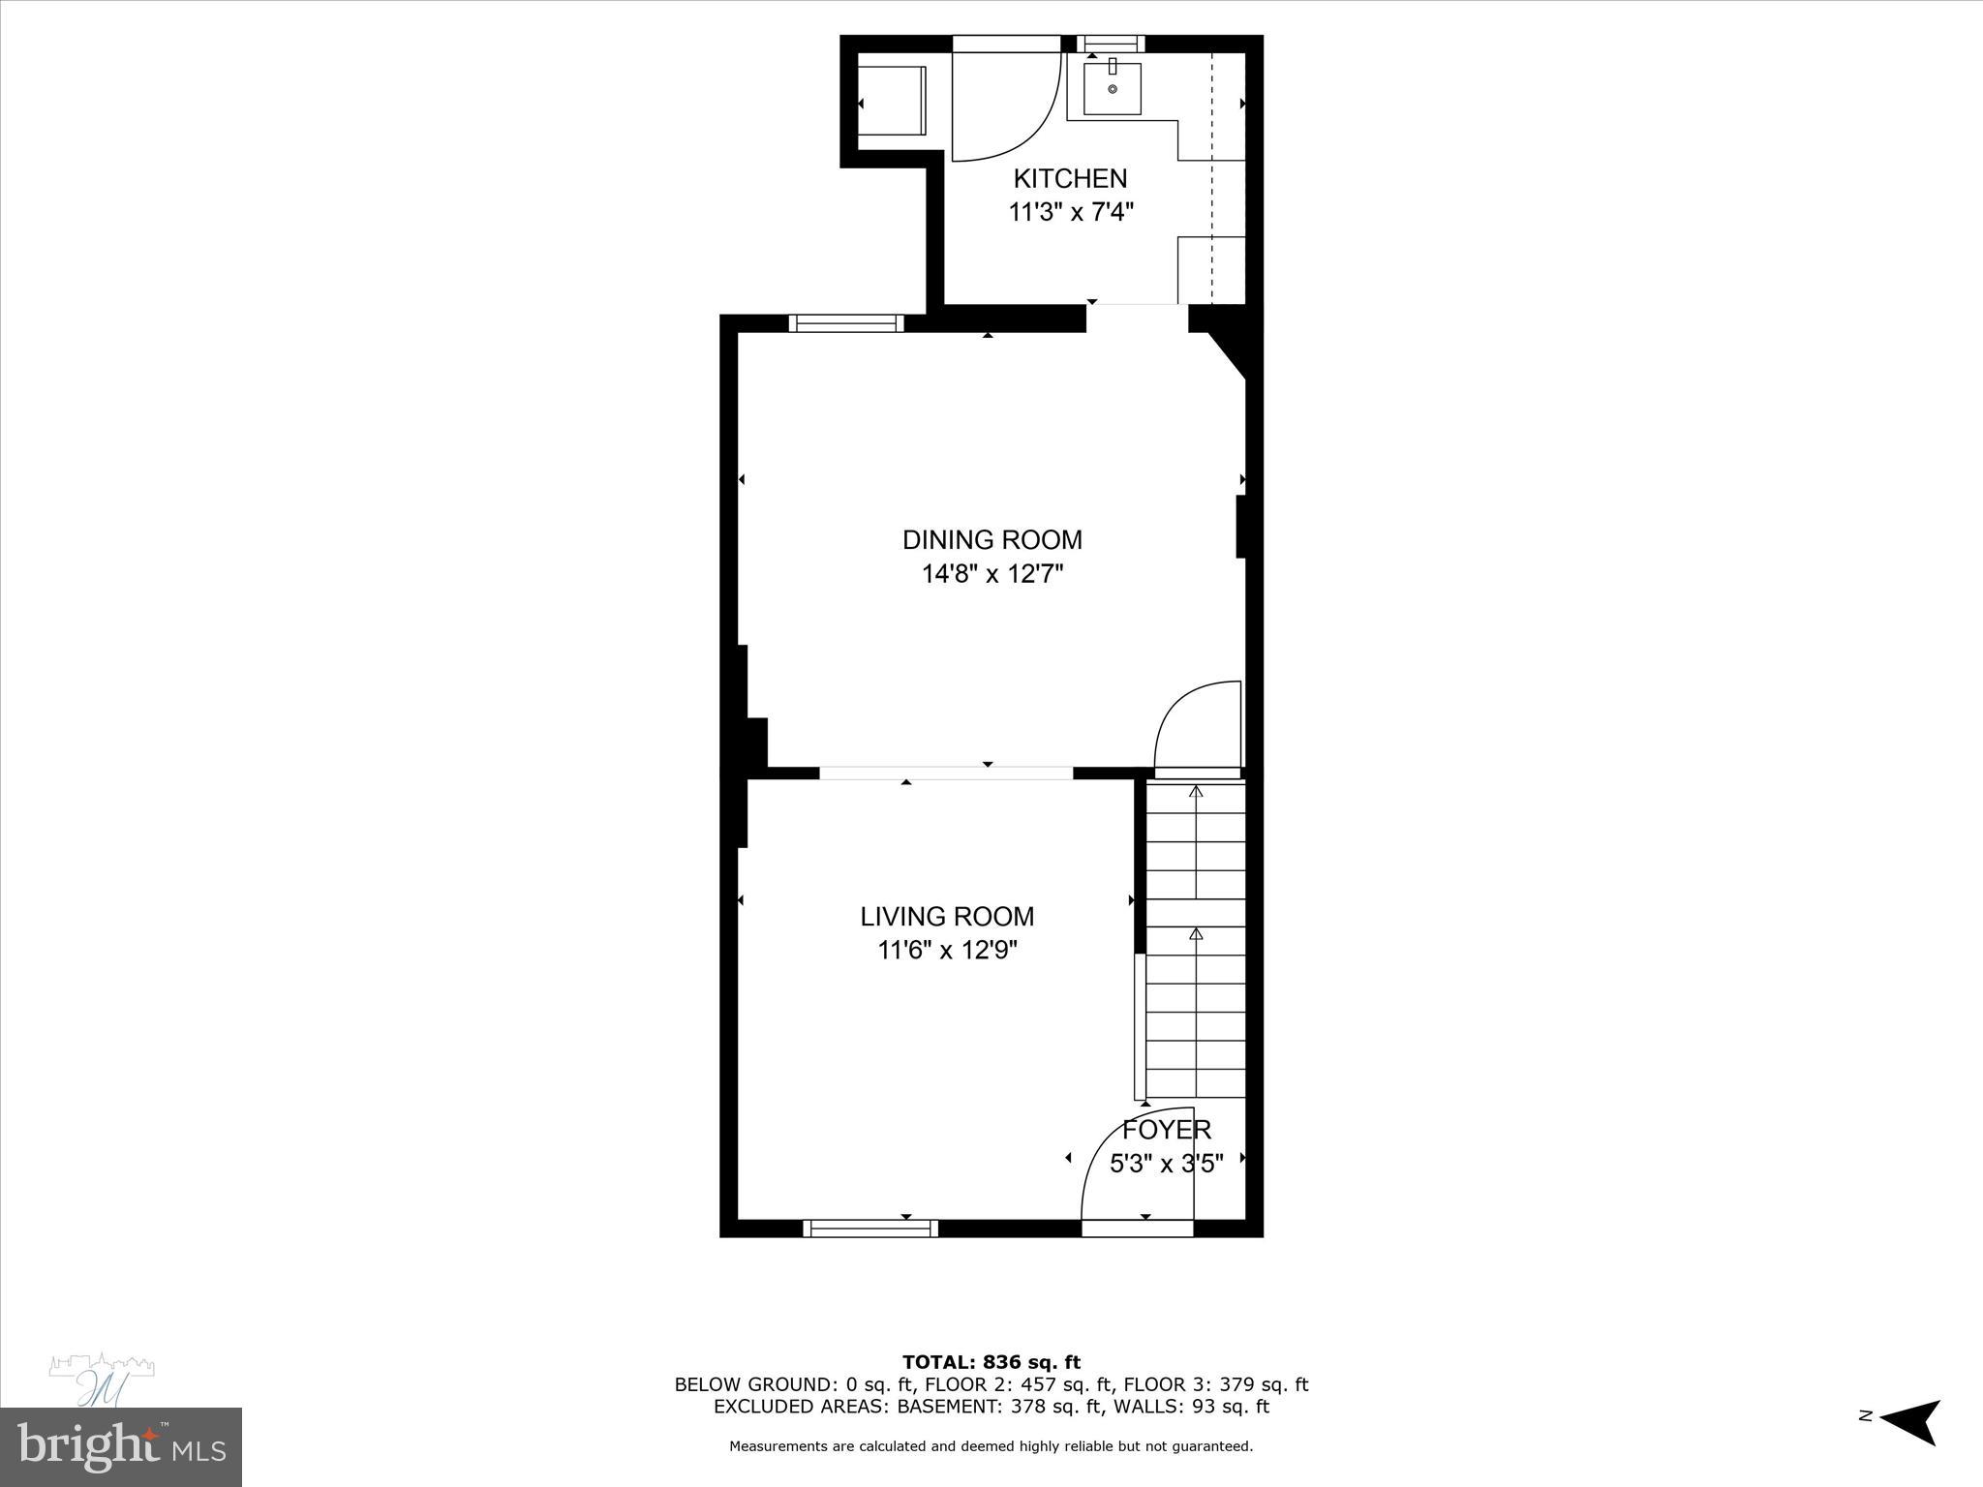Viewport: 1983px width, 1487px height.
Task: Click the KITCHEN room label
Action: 1070,178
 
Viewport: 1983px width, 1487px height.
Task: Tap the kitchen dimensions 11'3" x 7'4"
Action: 1070,212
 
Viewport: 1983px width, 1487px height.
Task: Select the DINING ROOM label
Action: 991,539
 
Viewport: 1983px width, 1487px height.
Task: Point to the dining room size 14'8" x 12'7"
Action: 991,574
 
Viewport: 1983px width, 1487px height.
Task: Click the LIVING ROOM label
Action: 947,916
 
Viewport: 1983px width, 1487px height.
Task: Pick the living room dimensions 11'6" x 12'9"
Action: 947,951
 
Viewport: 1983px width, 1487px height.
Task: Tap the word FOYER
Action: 1166,1130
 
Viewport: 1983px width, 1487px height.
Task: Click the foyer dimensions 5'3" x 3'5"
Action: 1166,1163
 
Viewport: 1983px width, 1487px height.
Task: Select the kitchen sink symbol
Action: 1112,88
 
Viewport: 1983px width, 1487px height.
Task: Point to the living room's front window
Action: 870,1228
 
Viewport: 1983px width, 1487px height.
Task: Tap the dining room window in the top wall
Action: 845,323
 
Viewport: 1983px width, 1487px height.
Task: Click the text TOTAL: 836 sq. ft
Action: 991,1362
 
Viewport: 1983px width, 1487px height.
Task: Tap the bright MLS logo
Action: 120,1446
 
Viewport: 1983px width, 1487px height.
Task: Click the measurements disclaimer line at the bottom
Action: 991,1445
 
